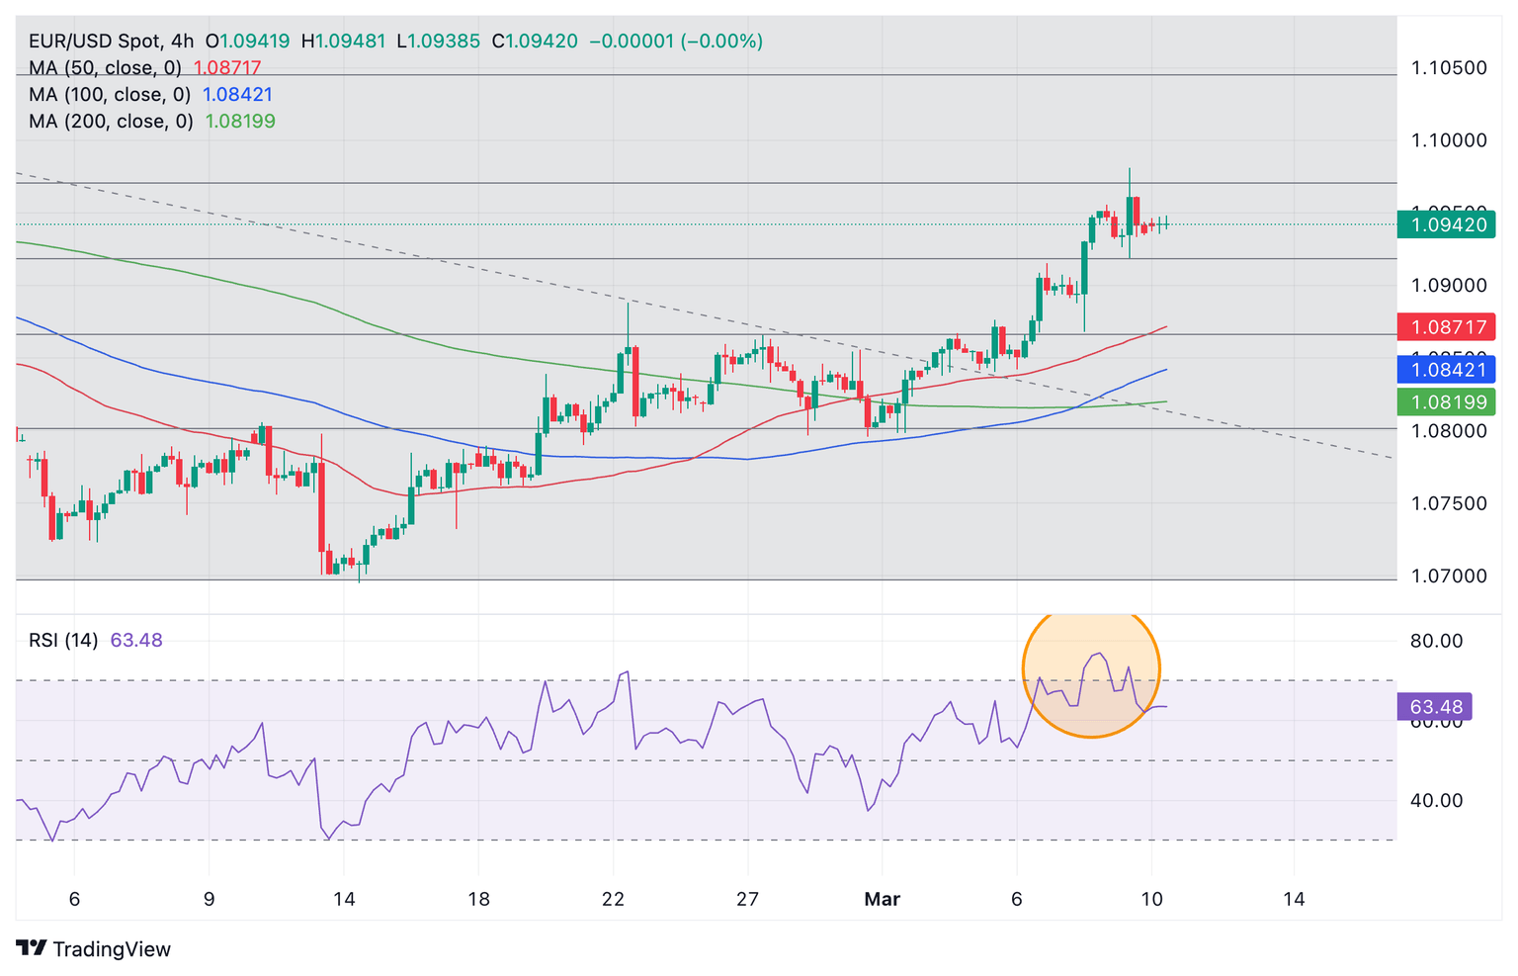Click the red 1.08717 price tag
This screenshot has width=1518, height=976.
coord(1446,326)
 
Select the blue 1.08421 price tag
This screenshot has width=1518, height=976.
coord(1446,370)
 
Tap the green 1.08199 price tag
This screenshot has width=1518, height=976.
coord(1446,402)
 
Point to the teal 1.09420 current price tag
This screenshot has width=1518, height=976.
coord(1446,224)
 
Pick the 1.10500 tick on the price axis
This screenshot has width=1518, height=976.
coord(1449,68)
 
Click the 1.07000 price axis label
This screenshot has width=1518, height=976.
coord(1449,576)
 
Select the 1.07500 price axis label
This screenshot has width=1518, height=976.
coord(1449,503)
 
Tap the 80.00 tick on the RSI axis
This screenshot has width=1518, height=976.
coord(1436,641)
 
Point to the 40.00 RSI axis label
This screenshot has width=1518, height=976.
coord(1436,800)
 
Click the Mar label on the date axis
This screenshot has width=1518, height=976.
coord(882,899)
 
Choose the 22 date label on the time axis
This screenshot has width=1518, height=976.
coord(613,899)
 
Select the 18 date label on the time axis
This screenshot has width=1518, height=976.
coord(478,899)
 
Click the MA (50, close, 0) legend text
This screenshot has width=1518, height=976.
coord(105,68)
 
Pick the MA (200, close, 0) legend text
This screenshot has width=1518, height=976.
coord(111,122)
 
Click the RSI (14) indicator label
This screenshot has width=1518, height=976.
coord(63,640)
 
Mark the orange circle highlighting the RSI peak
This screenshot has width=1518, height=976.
coord(1091,672)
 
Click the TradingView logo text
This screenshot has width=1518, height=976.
coord(111,949)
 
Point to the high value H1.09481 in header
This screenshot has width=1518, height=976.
coord(343,42)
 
